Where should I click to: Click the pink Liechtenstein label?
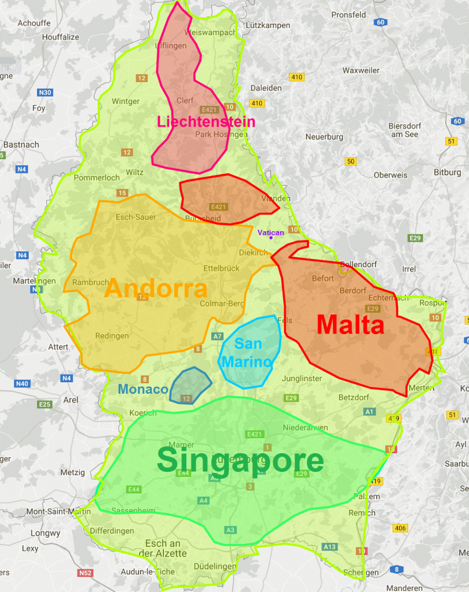click(x=206, y=122)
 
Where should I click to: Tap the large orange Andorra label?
click(x=156, y=288)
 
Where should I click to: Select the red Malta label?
click(x=350, y=325)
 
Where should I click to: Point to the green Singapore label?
click(x=240, y=461)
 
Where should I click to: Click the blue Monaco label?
click(x=142, y=389)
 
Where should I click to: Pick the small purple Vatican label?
click(x=270, y=232)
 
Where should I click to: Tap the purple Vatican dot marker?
click(x=270, y=238)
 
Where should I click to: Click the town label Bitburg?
click(x=448, y=172)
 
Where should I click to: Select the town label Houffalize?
click(x=60, y=37)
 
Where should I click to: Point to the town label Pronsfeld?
click(x=349, y=15)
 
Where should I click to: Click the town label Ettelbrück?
click(x=221, y=268)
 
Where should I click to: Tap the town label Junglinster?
click(x=302, y=379)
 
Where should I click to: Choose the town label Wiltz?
click(x=134, y=172)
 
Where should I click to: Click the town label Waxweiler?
click(x=361, y=71)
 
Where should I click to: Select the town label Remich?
click(x=362, y=513)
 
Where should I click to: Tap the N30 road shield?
click(x=45, y=92)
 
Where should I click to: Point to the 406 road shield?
click(x=400, y=528)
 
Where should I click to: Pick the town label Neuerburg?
click(x=324, y=137)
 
